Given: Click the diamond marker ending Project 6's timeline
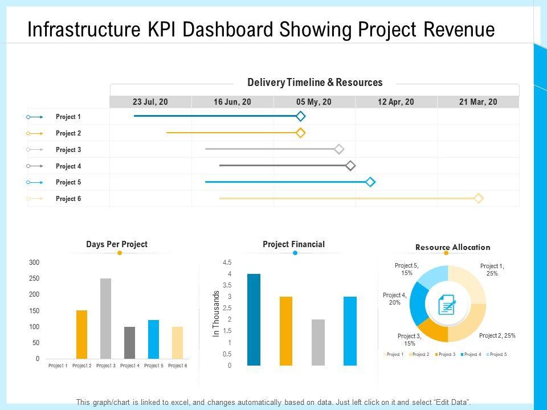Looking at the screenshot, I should point(479,198).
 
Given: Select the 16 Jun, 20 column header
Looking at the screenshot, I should point(232,102).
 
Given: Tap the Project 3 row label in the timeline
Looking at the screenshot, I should point(68,150).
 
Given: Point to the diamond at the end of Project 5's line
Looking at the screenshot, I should point(370,182).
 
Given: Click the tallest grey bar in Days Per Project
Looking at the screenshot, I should point(105,318).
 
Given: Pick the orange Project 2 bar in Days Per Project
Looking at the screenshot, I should point(82,334).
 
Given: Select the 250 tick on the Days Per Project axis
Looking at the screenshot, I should point(34,278).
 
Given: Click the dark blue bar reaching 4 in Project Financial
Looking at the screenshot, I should point(254,319).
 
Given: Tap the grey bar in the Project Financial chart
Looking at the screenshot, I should point(318,342).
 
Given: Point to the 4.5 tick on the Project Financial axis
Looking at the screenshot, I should point(227,263).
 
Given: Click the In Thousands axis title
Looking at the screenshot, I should point(217,314).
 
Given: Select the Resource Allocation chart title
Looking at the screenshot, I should point(452,247).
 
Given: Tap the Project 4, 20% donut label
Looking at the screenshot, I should point(395,299).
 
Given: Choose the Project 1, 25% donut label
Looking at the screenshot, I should point(492,269).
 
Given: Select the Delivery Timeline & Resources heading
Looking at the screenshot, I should point(315,83).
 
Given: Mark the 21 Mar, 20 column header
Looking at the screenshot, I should point(478,102).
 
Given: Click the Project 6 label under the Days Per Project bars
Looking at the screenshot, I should point(177,366).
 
